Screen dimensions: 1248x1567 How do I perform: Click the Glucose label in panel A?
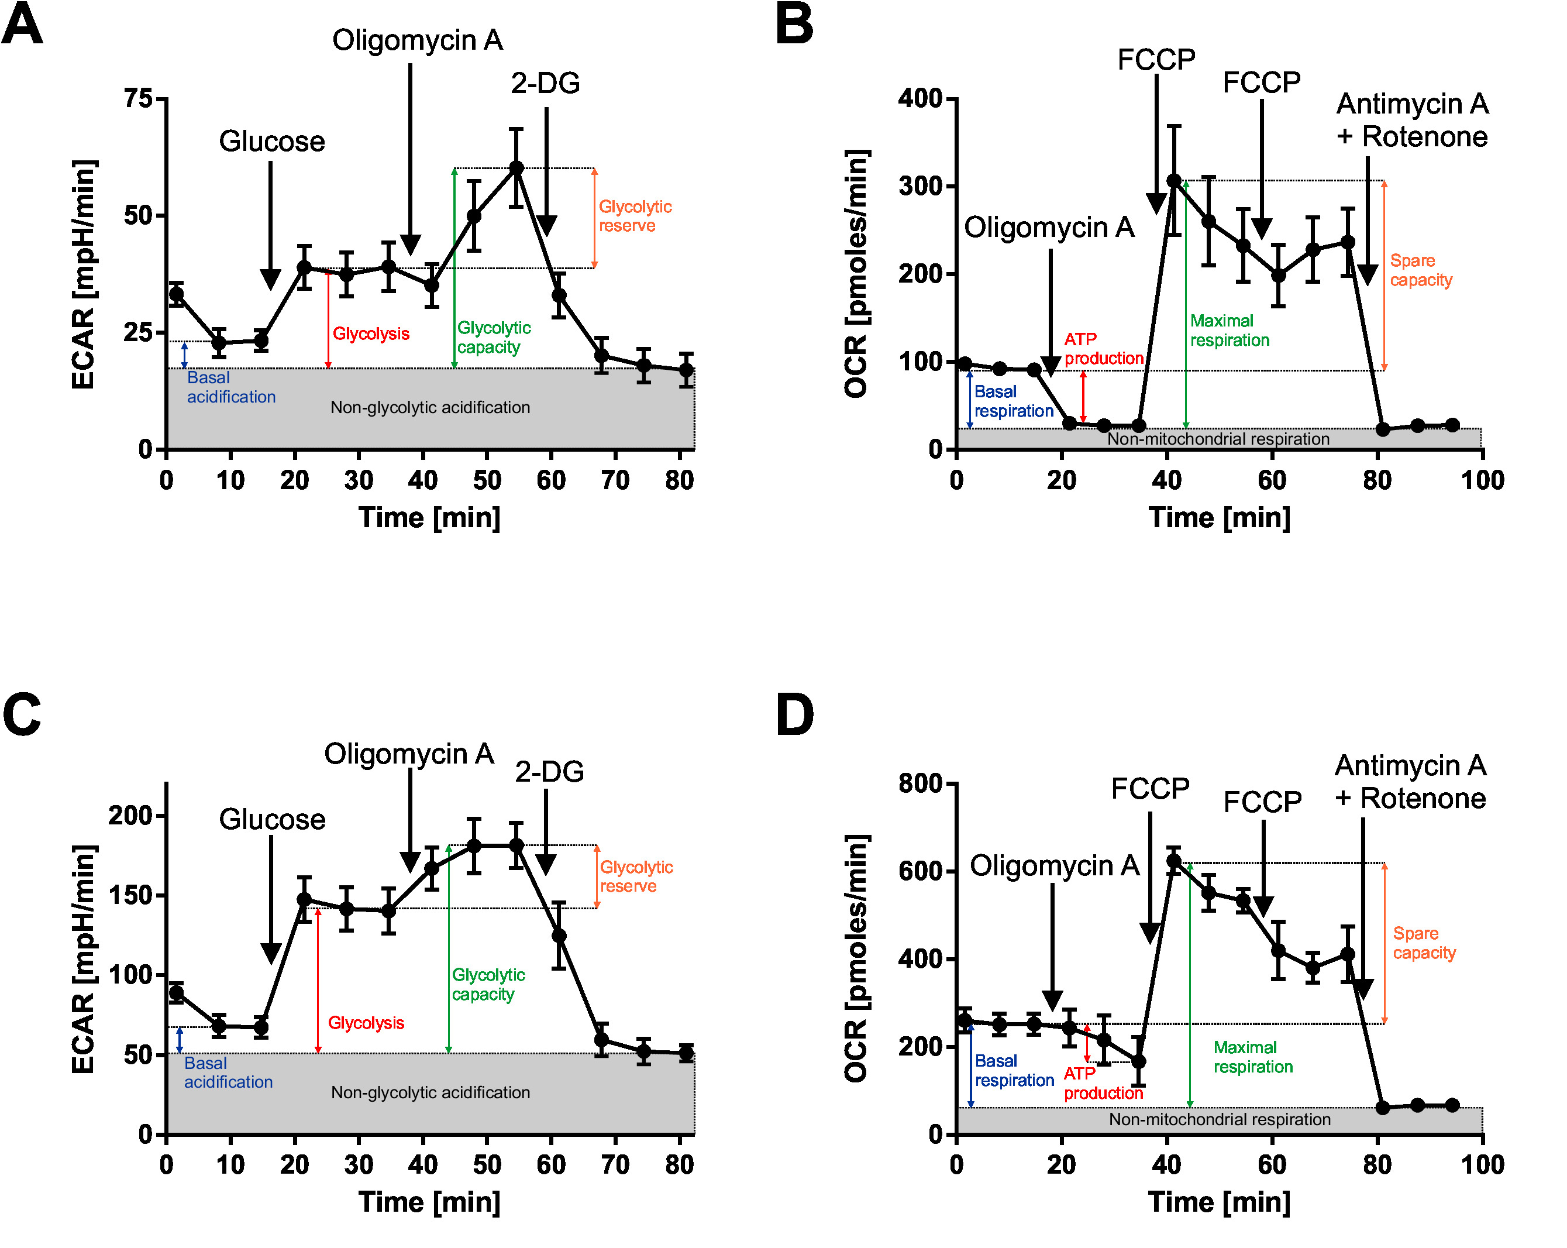(x=272, y=141)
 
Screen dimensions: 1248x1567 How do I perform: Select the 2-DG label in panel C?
(x=549, y=772)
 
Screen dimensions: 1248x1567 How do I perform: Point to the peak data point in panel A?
(x=516, y=168)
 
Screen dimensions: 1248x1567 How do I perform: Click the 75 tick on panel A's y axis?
(x=138, y=98)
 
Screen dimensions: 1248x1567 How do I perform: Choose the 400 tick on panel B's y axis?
(x=919, y=98)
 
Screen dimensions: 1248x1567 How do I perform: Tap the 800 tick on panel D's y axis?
(x=919, y=783)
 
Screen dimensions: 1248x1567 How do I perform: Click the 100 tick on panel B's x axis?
(x=1483, y=480)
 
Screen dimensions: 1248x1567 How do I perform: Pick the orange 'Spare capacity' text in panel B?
(x=1420, y=270)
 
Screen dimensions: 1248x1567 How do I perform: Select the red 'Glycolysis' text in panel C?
(x=366, y=1023)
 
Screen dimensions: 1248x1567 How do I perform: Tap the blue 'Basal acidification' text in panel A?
(x=230, y=387)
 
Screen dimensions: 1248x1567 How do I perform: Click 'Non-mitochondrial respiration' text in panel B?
(x=1218, y=439)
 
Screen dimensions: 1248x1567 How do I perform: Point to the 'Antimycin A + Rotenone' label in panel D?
(x=1410, y=782)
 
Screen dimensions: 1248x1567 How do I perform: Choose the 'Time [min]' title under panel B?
(x=1219, y=518)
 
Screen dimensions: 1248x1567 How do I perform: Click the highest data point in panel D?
(x=1174, y=861)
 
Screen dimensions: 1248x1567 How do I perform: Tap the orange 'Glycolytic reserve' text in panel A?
(x=635, y=216)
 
